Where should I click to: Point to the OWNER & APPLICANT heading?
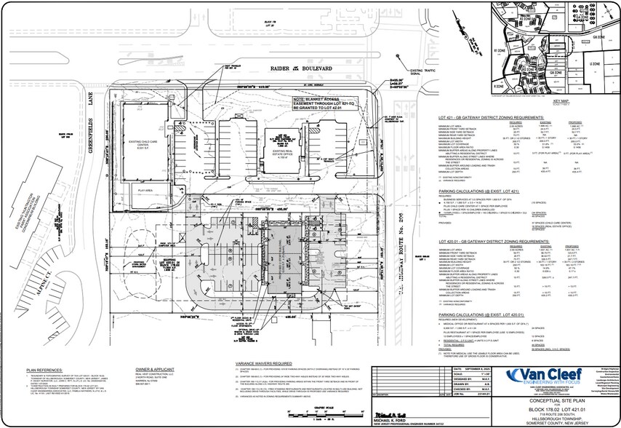158,368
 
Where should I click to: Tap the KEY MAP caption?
561,100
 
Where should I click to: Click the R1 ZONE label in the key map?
500,52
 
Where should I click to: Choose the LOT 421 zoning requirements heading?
491,116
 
